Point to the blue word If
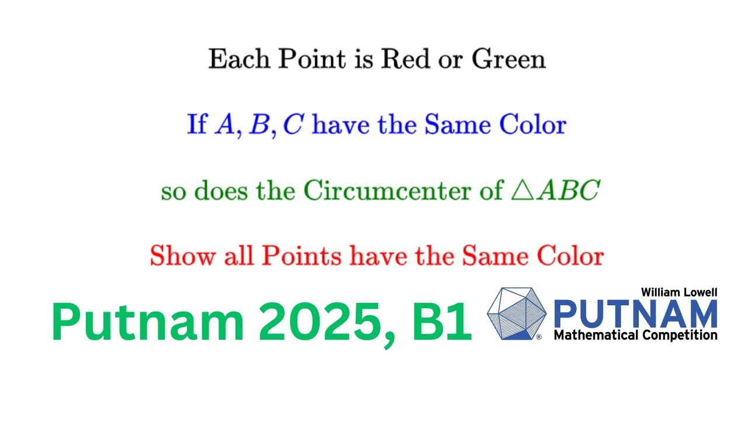point(197,125)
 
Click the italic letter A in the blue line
point(224,125)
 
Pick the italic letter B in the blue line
point(257,125)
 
